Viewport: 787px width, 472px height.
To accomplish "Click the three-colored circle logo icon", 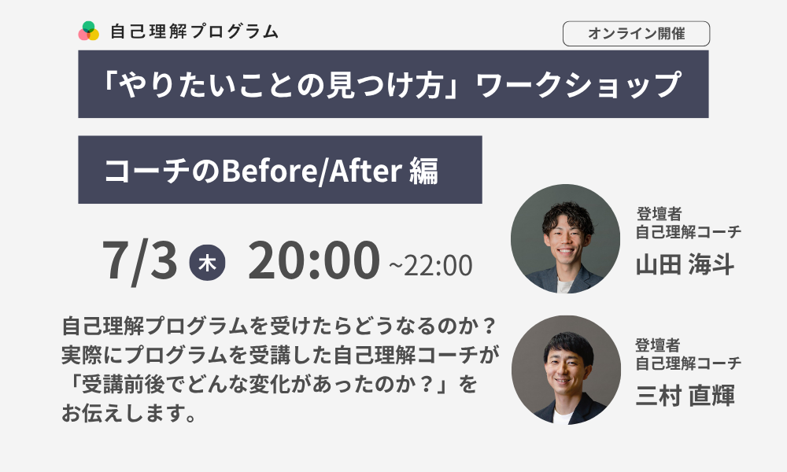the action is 88,31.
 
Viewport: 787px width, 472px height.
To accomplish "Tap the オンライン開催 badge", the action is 636,34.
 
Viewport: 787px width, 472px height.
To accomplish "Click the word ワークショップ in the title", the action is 578,84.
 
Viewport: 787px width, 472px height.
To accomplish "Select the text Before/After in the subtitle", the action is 312,170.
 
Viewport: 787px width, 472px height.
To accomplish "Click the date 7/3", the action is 140,260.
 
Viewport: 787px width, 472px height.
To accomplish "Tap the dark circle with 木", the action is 207,262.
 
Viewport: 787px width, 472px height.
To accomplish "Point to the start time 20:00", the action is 314,260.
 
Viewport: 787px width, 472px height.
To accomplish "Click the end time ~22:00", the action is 430,265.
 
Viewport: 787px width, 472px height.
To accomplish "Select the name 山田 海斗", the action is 685,264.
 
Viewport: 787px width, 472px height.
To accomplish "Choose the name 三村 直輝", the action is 685,396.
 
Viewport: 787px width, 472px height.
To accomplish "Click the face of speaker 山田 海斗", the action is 566,242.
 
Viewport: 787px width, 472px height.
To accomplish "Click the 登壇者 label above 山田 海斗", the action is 659,214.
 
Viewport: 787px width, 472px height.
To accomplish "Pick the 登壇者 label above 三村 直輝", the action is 658,345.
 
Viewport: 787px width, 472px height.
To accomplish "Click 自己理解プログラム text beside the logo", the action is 194,31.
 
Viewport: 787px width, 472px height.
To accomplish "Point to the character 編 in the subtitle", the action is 423,171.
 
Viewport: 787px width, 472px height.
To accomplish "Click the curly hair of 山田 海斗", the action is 568,216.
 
